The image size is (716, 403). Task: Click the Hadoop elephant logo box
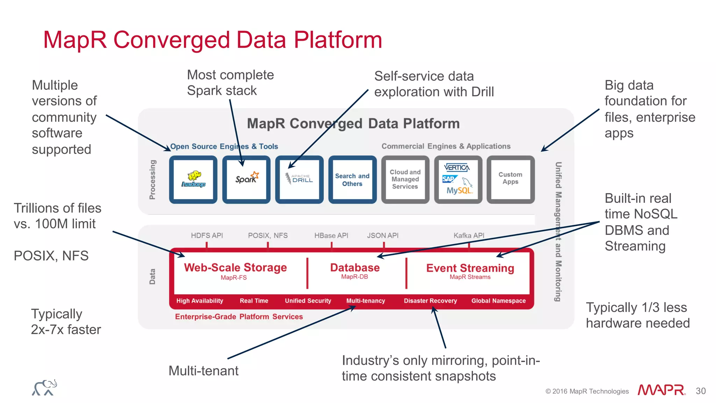point(193,179)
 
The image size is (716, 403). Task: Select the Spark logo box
point(246,179)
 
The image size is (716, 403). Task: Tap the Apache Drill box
point(299,179)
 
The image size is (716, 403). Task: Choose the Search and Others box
point(352,179)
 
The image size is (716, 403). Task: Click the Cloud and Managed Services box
point(405,179)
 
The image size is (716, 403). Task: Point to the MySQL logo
point(459,191)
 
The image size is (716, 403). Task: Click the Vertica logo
point(457,168)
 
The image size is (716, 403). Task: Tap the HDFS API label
point(207,235)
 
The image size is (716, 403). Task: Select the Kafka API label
point(469,235)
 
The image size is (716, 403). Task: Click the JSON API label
point(382,235)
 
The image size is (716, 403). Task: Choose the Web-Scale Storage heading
point(235,268)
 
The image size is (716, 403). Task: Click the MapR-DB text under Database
point(355,277)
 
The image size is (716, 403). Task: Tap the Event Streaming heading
point(470,268)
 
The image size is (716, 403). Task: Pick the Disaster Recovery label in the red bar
point(430,301)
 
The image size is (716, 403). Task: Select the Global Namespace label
point(498,301)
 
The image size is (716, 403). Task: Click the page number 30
point(701,391)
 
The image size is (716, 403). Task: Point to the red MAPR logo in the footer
point(661,390)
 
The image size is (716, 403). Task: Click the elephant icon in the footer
point(44,388)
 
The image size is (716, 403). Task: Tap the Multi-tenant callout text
point(203,371)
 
